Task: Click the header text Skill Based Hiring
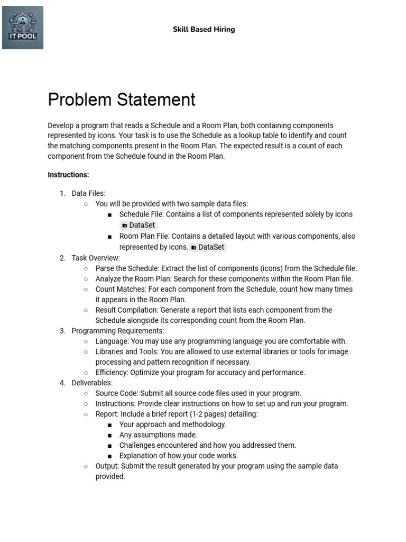pos(204,29)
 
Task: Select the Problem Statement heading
pos(122,100)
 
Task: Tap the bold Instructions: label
pos(68,175)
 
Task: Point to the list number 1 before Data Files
pos(62,194)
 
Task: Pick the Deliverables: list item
pos(92,383)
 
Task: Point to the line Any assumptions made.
pos(158,435)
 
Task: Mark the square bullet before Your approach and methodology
pos(109,425)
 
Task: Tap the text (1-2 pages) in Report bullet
pos(209,414)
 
